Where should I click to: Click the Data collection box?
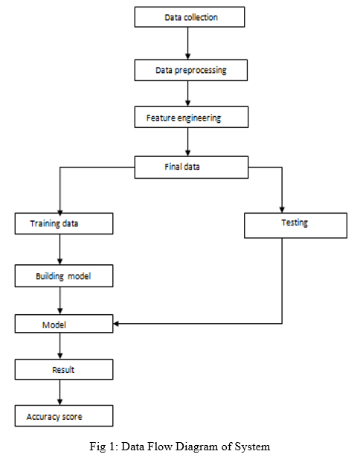click(x=190, y=17)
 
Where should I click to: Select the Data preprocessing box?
click(x=191, y=70)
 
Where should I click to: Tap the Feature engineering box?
click(x=191, y=117)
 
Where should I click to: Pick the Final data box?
click(x=191, y=167)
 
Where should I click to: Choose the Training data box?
click(x=64, y=223)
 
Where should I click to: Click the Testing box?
click(x=295, y=226)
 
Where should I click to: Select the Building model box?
click(x=64, y=276)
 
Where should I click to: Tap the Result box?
click(x=64, y=370)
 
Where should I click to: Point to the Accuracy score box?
click(x=64, y=416)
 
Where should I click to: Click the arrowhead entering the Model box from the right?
click(x=115, y=324)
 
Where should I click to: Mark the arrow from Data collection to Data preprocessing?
click(x=188, y=43)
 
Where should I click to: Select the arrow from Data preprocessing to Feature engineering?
click(x=188, y=94)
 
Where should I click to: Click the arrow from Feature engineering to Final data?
click(x=188, y=142)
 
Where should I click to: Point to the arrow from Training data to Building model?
click(x=60, y=249)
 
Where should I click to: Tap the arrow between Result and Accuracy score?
click(x=60, y=392)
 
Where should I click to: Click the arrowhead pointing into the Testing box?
click(x=282, y=210)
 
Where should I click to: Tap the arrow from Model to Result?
click(x=60, y=346)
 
